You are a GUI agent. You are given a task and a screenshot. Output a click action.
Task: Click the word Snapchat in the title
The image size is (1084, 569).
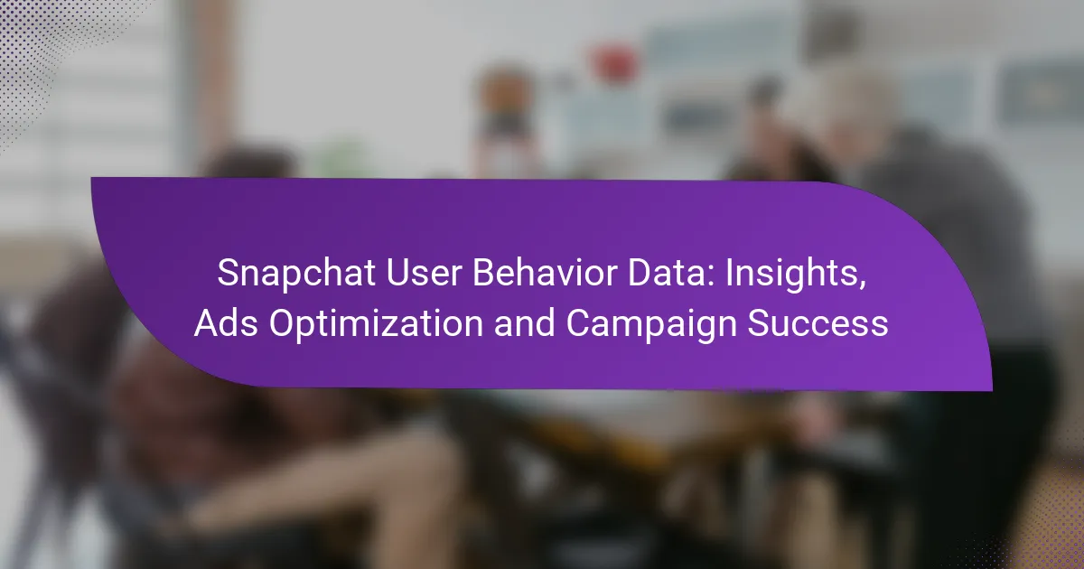click(296, 275)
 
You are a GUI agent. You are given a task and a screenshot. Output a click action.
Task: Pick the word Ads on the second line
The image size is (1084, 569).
click(226, 322)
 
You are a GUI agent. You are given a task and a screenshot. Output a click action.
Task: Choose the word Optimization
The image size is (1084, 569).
click(376, 324)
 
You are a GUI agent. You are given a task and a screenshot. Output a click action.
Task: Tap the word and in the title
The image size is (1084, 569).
click(524, 322)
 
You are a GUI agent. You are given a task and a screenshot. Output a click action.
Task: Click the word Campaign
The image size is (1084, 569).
click(651, 324)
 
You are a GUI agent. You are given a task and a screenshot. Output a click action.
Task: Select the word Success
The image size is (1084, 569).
click(818, 322)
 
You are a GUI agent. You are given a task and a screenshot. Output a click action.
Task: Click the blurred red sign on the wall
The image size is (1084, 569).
click(614, 64)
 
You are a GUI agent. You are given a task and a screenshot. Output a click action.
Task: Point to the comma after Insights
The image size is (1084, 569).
click(862, 286)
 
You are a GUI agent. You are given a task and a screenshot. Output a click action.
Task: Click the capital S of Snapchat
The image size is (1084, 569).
click(228, 273)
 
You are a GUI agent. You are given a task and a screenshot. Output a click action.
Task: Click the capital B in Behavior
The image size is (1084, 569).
click(484, 273)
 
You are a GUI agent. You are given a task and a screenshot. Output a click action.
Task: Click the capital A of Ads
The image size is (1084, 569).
click(208, 322)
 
